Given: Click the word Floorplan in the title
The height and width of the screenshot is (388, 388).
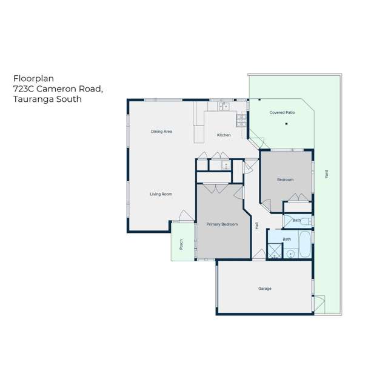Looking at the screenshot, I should (x=28, y=78).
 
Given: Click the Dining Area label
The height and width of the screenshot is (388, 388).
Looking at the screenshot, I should (x=162, y=132).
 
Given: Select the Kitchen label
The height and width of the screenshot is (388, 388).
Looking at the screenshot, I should (x=224, y=135).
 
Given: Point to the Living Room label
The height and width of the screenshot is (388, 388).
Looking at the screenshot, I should (x=161, y=194).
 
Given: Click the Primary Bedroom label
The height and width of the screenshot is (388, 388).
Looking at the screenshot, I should (x=222, y=224).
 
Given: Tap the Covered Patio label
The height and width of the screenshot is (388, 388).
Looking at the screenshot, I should (x=282, y=113).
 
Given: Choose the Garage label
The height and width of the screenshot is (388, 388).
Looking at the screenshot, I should (x=264, y=289).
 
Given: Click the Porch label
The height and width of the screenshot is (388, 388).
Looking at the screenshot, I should (x=181, y=244).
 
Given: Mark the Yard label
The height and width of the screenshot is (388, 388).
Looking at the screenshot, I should (x=326, y=173).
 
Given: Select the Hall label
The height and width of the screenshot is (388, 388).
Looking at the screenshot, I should (x=258, y=225).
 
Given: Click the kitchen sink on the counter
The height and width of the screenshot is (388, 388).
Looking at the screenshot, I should (x=223, y=107).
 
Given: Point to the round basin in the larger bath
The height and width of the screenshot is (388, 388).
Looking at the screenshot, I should (x=290, y=253).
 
